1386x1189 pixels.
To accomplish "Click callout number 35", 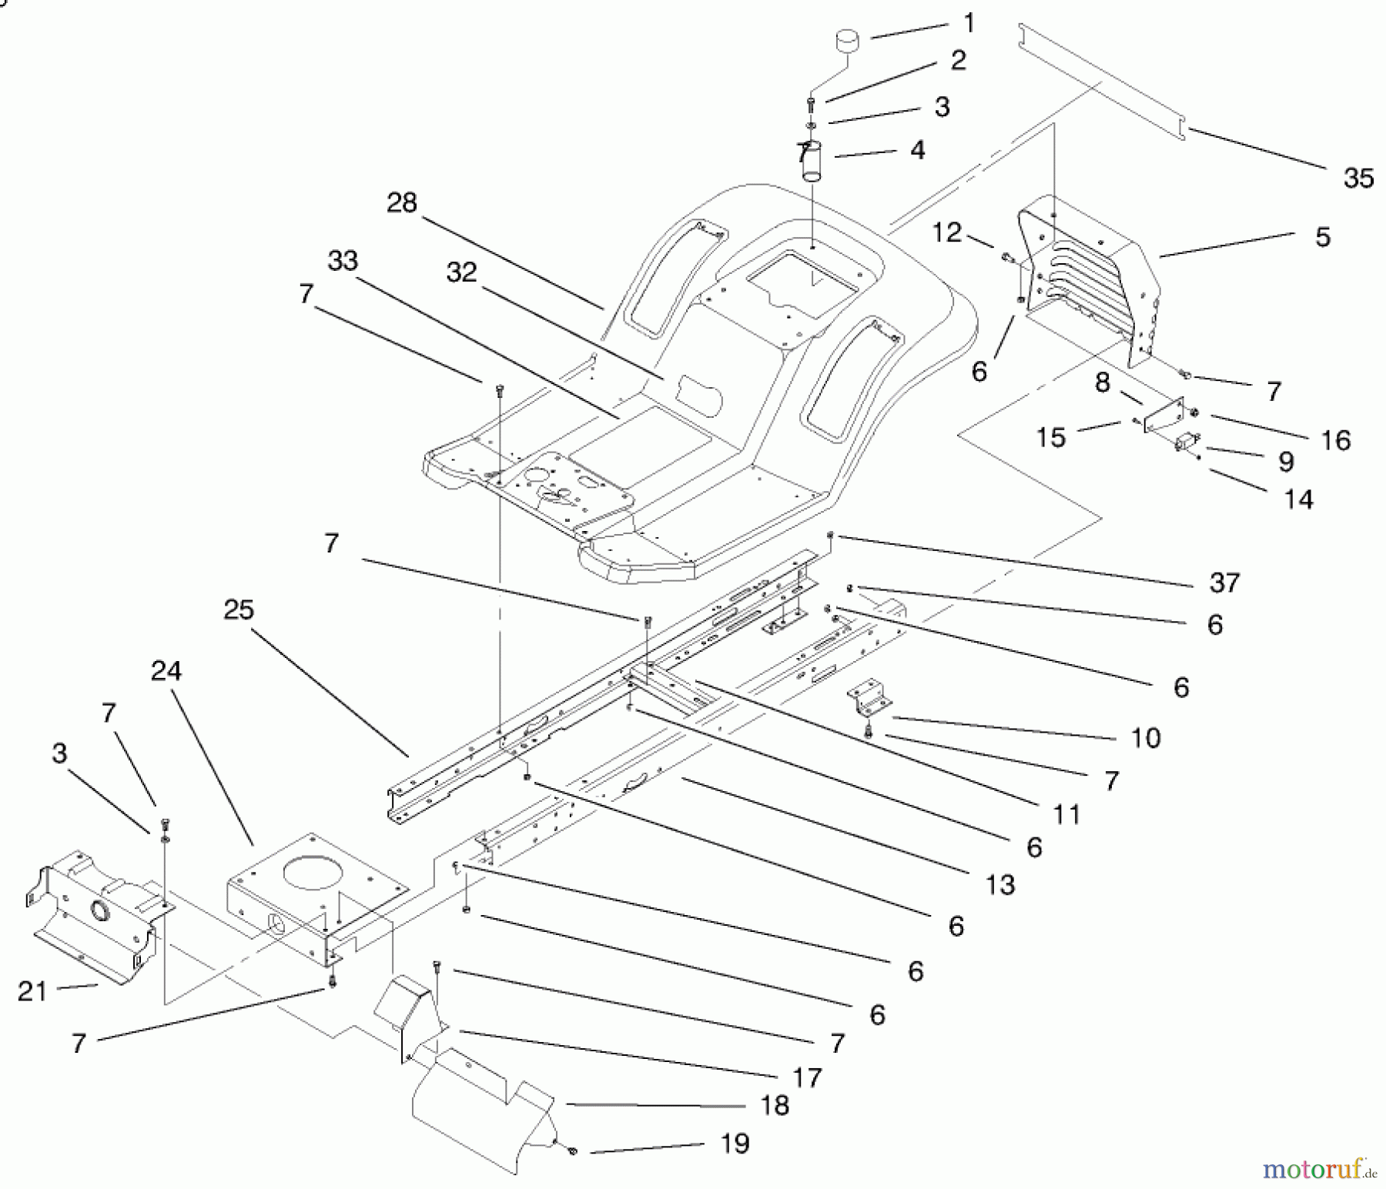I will click(1358, 179).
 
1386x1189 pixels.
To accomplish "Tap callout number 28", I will click(402, 203).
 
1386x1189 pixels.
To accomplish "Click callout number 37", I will click(1224, 583).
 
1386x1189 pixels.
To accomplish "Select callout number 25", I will click(239, 610).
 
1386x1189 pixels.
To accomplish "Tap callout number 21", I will click(32, 991).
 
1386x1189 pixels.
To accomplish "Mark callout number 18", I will click(775, 1105).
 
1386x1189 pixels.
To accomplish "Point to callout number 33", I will click(343, 260).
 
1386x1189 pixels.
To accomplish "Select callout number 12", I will click(947, 232).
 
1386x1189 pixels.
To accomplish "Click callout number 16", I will click(1335, 440).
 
